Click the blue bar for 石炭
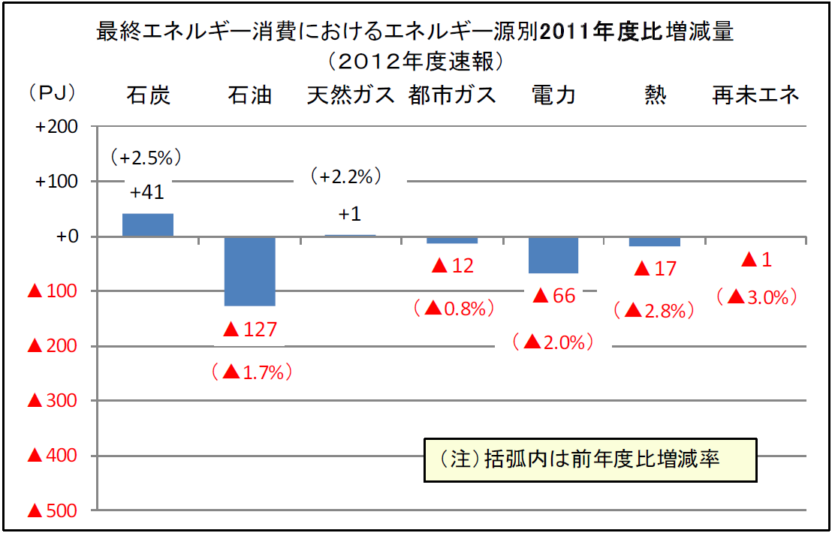pyautogui.click(x=148, y=224)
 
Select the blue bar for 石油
pyautogui.click(x=250, y=271)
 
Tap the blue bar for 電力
pyautogui.click(x=553, y=255)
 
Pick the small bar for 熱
pyautogui.click(x=655, y=242)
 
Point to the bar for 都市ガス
pyautogui.click(x=452, y=240)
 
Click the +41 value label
pyautogui.click(x=147, y=192)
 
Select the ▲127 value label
pyautogui.click(x=250, y=329)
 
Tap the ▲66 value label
pyautogui.click(x=553, y=296)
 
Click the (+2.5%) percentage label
pyautogui.click(x=146, y=158)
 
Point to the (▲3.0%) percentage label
pyautogui.click(x=756, y=297)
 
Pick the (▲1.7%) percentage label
pyautogui.click(x=251, y=371)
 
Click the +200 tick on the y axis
pyautogui.click(x=57, y=127)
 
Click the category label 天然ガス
pyautogui.click(x=351, y=95)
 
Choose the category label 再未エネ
pyautogui.click(x=756, y=95)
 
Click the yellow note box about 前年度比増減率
pyautogui.click(x=589, y=459)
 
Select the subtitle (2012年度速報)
pyautogui.click(x=415, y=59)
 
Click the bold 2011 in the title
pyautogui.click(x=569, y=32)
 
